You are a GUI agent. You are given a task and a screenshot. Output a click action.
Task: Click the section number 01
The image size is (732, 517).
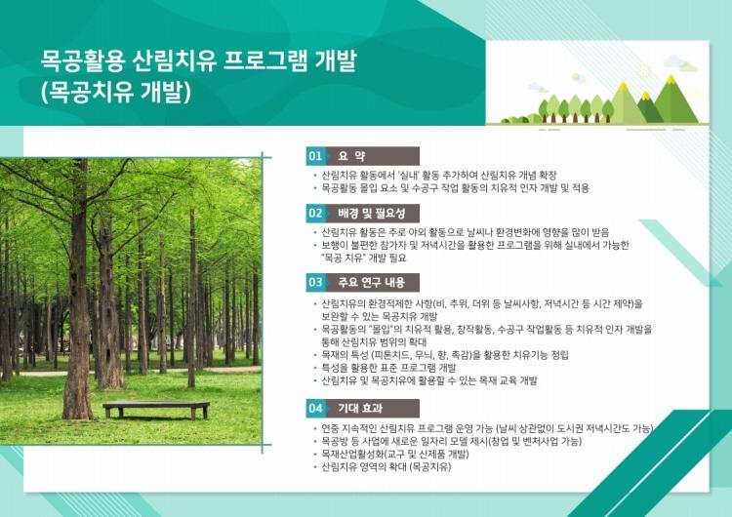click(315, 156)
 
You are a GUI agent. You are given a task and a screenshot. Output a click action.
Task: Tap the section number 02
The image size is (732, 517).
click(315, 214)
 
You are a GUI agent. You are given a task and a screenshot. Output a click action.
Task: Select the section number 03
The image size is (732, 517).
click(315, 282)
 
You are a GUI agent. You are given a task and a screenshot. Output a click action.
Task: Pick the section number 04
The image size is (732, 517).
click(315, 409)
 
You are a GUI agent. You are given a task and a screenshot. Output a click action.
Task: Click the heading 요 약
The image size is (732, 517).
click(351, 156)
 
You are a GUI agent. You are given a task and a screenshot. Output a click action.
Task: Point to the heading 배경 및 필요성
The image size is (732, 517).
click(372, 214)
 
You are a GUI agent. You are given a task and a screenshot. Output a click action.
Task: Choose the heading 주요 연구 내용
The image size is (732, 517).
click(372, 282)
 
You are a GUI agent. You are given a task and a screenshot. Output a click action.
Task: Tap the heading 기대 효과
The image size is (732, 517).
click(360, 409)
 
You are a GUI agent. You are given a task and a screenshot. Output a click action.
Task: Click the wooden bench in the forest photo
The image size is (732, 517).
click(156, 410)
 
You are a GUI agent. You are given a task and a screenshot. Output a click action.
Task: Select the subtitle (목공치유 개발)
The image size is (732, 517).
click(117, 92)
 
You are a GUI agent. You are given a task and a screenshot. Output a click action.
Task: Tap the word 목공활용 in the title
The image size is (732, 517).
click(83, 61)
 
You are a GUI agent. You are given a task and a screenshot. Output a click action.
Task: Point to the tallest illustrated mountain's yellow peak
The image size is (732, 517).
click(671, 79)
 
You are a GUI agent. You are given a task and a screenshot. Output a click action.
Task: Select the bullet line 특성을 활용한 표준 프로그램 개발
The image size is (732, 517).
click(388, 368)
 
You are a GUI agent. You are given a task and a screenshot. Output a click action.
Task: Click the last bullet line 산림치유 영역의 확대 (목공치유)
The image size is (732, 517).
click(386, 467)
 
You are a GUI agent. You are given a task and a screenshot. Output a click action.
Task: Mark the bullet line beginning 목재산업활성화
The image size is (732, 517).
click(395, 454)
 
